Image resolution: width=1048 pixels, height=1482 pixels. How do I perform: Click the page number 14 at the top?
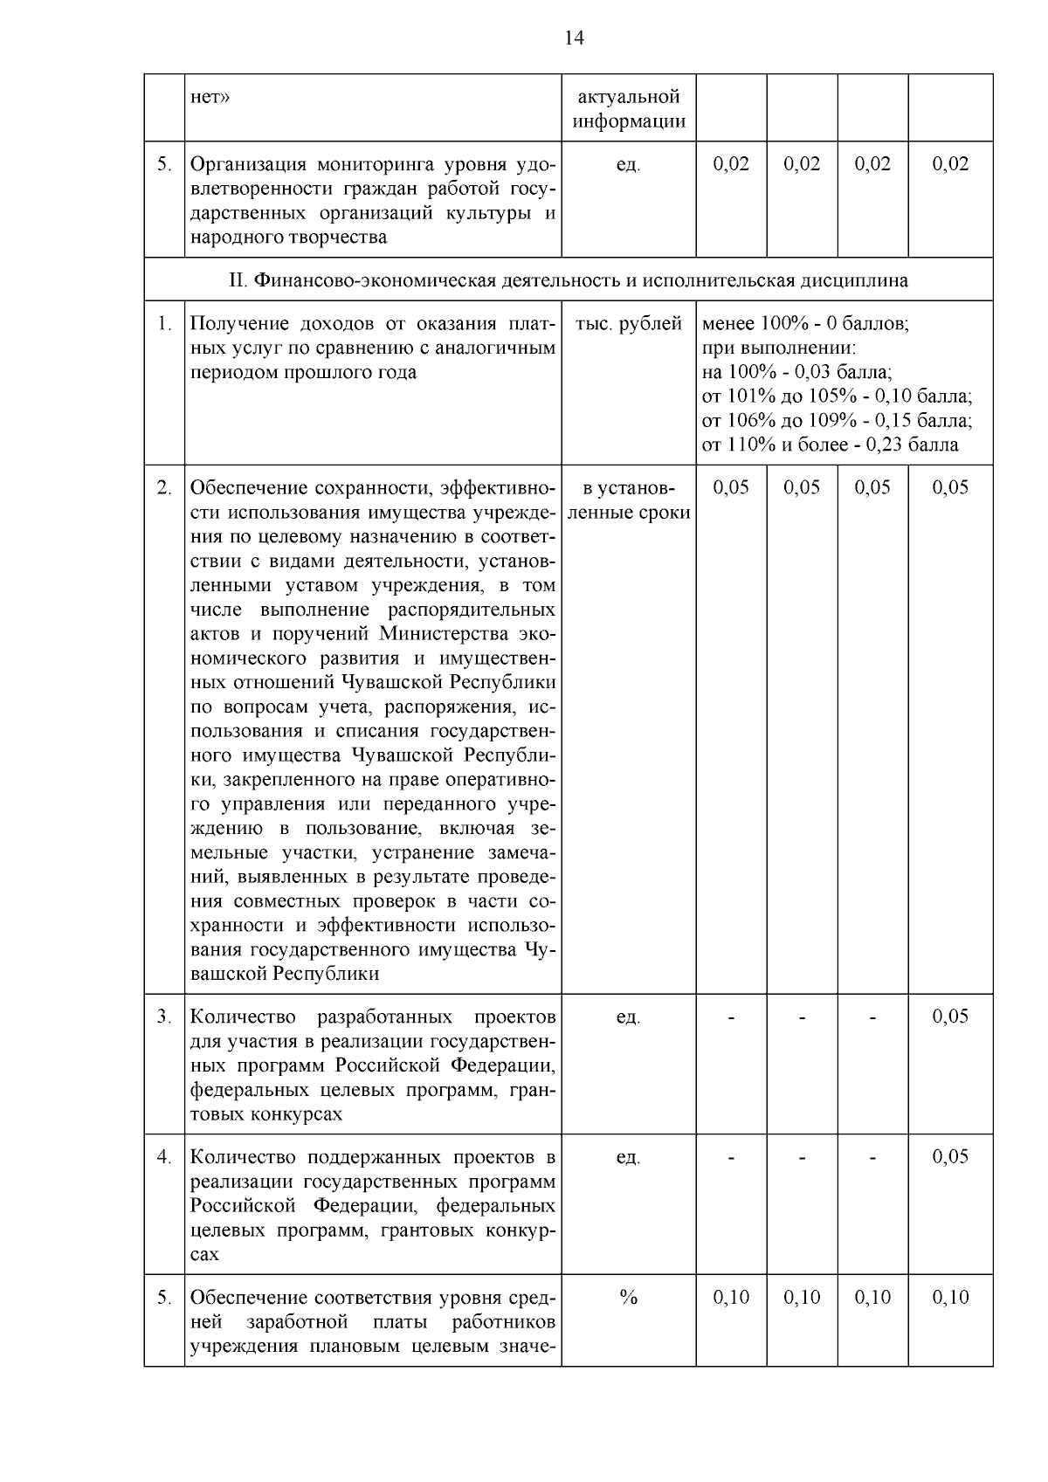coord(574,38)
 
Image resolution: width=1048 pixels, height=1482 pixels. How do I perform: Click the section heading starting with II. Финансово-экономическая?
coord(568,280)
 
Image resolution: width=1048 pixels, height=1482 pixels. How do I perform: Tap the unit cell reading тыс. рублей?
coord(628,324)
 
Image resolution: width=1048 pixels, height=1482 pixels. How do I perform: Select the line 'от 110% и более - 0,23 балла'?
coord(830,445)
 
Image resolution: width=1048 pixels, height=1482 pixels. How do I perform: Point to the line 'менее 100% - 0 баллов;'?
coord(805,324)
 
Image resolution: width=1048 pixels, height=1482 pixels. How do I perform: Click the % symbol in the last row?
coord(628,1297)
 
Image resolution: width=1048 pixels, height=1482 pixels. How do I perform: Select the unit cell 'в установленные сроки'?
coord(629,500)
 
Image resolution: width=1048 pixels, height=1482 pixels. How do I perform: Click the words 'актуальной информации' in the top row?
coord(629,108)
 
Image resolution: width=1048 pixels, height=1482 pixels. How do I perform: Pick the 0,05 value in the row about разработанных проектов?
coord(950,1016)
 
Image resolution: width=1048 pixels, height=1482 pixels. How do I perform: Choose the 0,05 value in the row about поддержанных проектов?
coord(950,1156)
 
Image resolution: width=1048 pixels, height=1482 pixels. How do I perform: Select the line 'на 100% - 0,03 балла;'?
coord(796,373)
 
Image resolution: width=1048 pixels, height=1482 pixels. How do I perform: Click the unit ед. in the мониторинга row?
coord(628,164)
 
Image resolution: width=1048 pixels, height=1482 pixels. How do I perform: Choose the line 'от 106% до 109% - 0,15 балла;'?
coord(837,421)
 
